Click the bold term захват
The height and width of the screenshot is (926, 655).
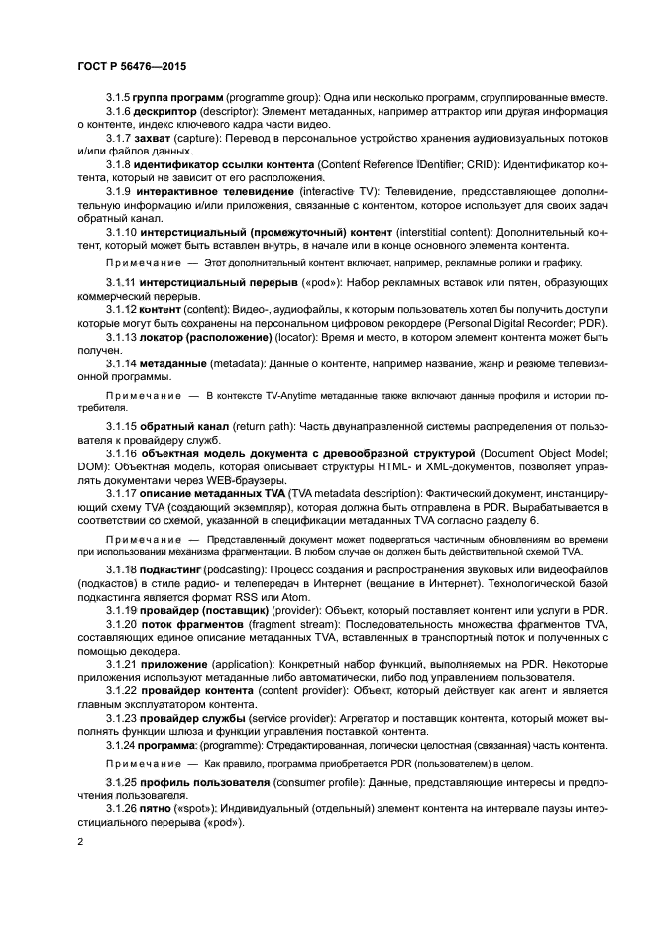pyautogui.click(x=155, y=139)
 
